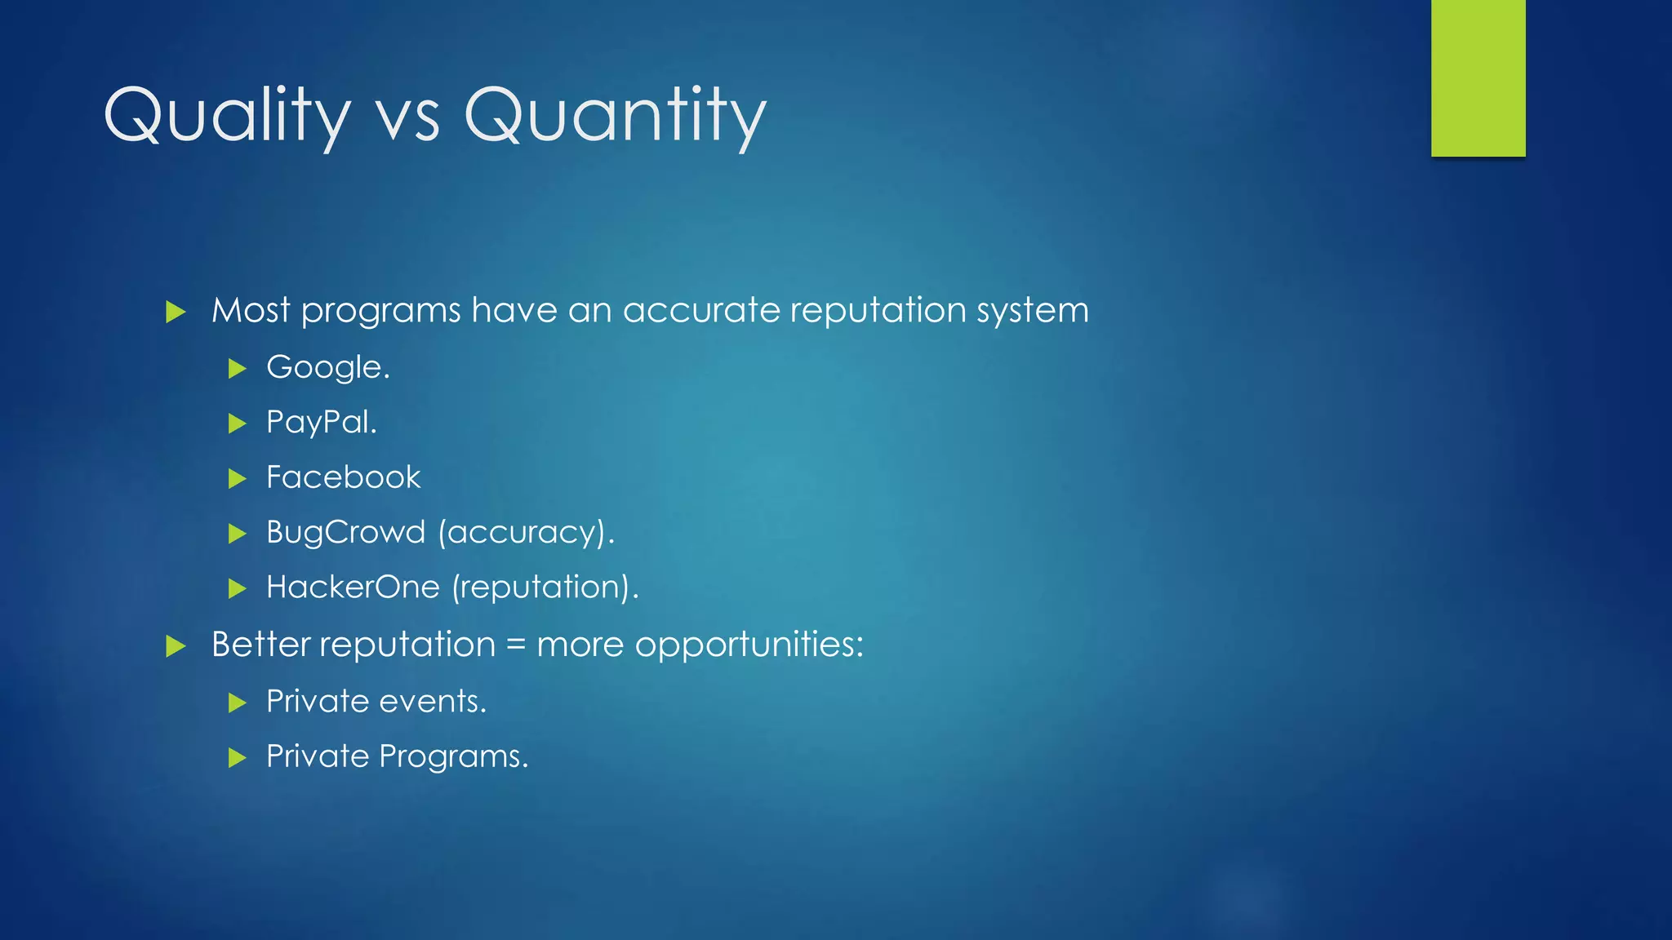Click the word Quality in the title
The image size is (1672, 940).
tap(227, 117)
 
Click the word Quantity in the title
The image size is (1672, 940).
tap(615, 117)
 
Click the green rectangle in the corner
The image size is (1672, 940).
tap(1478, 78)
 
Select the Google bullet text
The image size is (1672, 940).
tap(328, 368)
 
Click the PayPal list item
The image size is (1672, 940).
tap(322, 423)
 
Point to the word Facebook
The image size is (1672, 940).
tap(343, 477)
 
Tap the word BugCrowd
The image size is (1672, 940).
tap(346, 532)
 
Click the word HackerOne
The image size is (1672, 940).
tap(353, 587)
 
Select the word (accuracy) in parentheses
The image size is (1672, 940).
tap(526, 533)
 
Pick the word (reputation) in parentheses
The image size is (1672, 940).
tap(545, 587)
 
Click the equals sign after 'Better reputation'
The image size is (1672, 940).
tap(515, 645)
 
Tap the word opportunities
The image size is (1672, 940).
tap(749, 645)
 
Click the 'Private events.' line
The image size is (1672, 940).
tap(376, 702)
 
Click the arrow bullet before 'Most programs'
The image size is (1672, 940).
tap(176, 312)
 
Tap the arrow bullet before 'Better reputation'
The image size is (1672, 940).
tap(176, 646)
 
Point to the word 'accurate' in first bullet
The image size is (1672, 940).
tap(701, 311)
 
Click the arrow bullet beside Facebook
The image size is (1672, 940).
tap(237, 478)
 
